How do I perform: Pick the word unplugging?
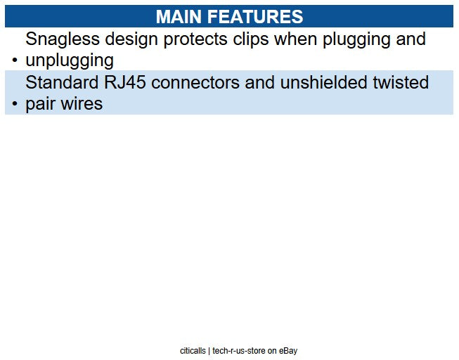pyautogui.click(x=69, y=60)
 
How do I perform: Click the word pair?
pyautogui.click(x=41, y=104)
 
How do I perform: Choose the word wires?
pyautogui.click(x=82, y=104)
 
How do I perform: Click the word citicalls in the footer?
pyautogui.click(x=193, y=350)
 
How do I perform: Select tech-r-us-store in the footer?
pyautogui.click(x=239, y=350)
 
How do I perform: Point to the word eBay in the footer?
pyautogui.click(x=292, y=350)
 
